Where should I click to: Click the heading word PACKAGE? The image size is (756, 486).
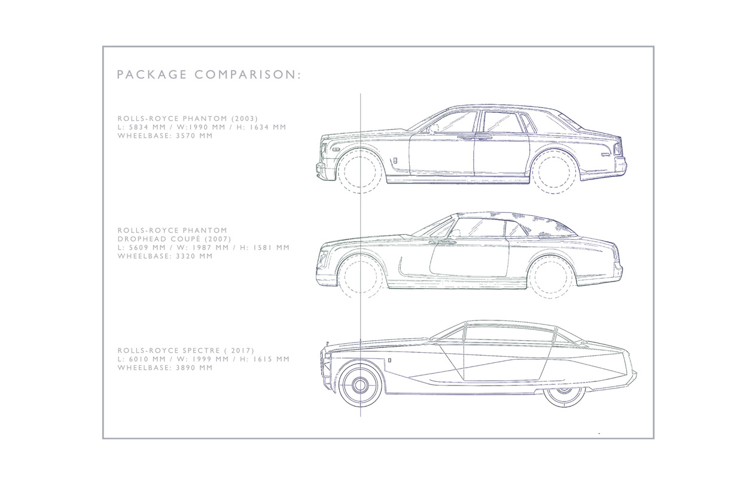pyautogui.click(x=151, y=75)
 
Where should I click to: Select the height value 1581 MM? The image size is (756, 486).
pyautogui.click(x=266, y=247)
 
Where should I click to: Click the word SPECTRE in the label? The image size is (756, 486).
pyautogui.click(x=188, y=350)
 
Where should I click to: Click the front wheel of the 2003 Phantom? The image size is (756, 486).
pyautogui.click(x=361, y=171)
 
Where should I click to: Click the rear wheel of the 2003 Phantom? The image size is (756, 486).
pyautogui.click(x=555, y=171)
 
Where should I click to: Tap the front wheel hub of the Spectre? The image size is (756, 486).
pyautogui.click(x=361, y=384)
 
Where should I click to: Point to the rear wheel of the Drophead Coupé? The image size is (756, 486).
pyautogui.click(x=551, y=276)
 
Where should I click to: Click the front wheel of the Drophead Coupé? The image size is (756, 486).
pyautogui.click(x=361, y=276)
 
